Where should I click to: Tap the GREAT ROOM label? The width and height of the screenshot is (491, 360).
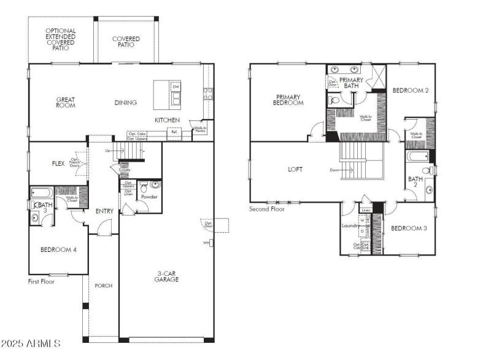[66, 103]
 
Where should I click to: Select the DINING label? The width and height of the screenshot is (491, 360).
[125, 103]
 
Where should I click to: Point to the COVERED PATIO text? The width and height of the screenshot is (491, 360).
[126, 42]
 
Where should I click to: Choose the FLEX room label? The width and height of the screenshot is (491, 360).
[58, 163]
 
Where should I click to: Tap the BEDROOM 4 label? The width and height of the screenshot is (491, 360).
[59, 249]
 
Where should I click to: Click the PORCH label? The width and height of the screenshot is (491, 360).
[103, 286]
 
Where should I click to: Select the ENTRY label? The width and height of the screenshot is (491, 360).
[104, 211]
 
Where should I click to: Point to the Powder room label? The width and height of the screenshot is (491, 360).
[149, 197]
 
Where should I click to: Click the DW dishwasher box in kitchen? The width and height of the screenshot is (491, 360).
[176, 87]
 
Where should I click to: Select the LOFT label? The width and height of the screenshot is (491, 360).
[296, 169]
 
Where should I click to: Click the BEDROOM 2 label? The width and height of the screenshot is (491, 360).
[410, 90]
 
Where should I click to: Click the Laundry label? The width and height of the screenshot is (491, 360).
[350, 225]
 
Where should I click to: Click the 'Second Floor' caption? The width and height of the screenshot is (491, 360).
[268, 209]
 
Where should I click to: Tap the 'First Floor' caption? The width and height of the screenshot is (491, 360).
[42, 281]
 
